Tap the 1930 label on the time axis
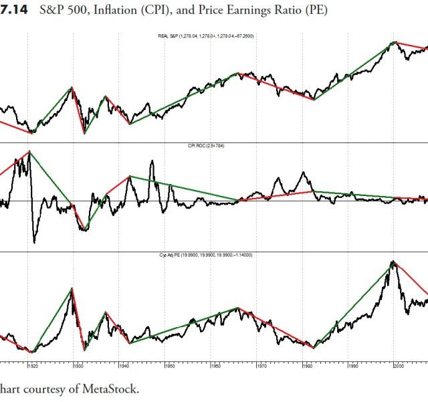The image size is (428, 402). [x=79, y=367]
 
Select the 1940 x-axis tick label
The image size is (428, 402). [x=124, y=367]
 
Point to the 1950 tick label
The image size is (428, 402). [x=170, y=367]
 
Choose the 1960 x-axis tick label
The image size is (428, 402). [x=216, y=367]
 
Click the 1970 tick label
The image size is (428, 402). [x=261, y=367]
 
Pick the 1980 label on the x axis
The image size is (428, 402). [x=307, y=367]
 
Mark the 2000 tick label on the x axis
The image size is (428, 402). [x=399, y=367]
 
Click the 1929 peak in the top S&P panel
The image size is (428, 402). [x=72, y=87]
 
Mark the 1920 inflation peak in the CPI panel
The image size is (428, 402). [x=29, y=152]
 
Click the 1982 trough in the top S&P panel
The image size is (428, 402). [x=314, y=100]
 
